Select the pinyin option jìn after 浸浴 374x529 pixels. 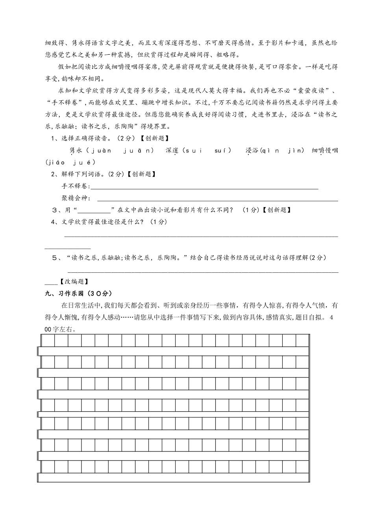pos(297,150)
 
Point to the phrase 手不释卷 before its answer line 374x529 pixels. pos(76,186)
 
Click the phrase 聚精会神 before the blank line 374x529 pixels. pos(76,198)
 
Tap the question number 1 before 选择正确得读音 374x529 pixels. pos(53,138)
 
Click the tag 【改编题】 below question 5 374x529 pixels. pos(74,281)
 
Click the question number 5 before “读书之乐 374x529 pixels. pos(55,258)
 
